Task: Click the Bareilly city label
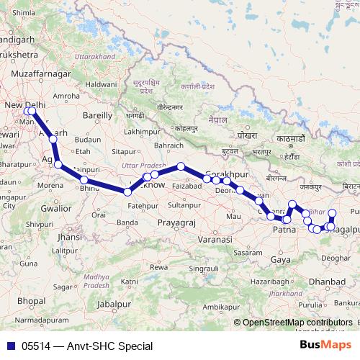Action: click(x=98, y=114)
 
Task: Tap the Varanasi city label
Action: click(x=215, y=238)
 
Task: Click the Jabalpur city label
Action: click(x=117, y=305)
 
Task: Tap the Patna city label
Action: click(x=284, y=230)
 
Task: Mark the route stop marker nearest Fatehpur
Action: click(x=127, y=192)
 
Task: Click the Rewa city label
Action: click(x=160, y=268)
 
